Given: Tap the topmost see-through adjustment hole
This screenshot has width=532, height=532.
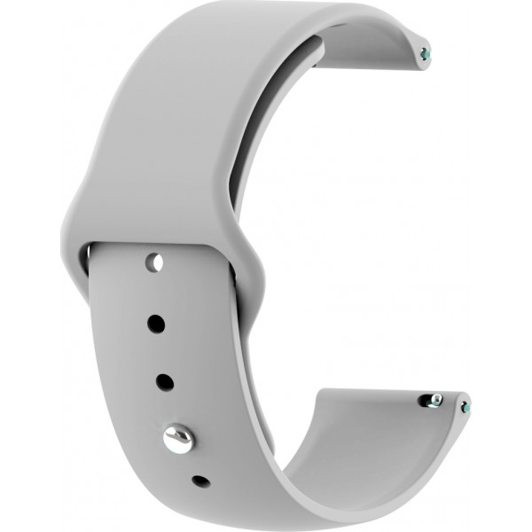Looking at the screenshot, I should pos(154,263).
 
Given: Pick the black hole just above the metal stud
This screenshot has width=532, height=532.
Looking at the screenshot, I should pos(165,382).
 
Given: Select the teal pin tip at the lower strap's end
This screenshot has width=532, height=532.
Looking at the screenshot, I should pos(465,409).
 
